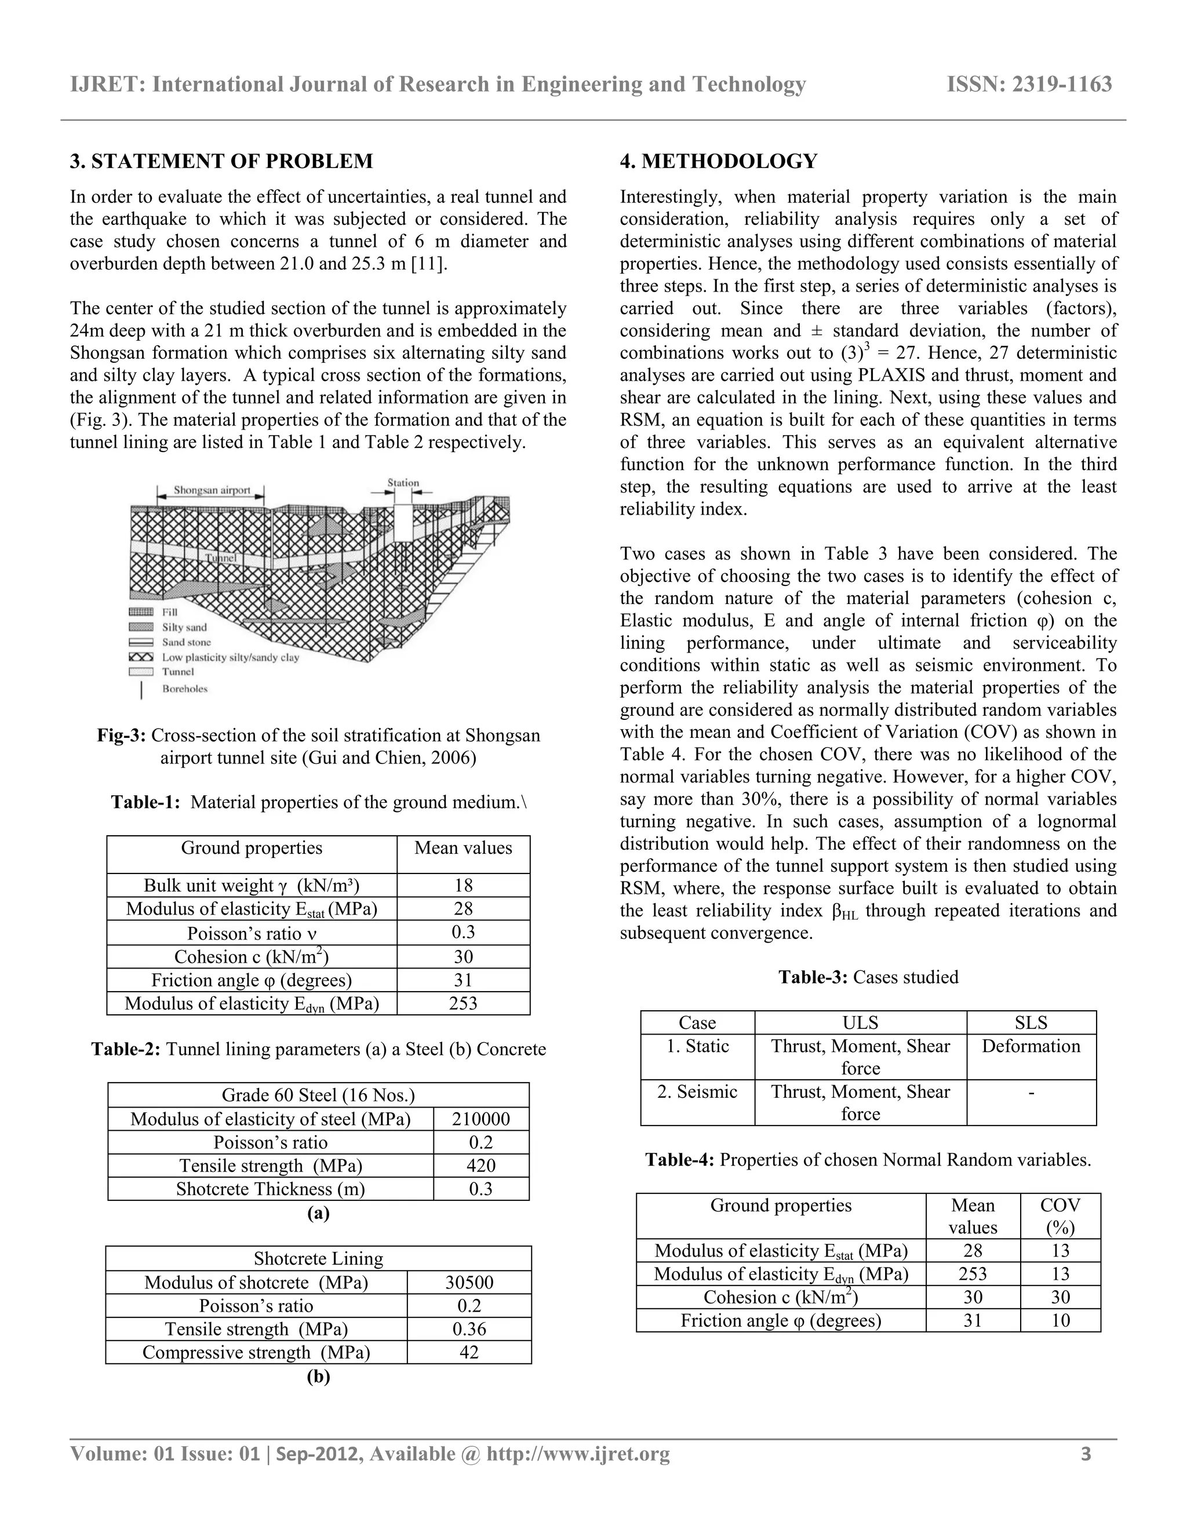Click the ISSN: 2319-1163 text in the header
tap(1029, 85)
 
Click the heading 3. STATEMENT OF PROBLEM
tap(221, 161)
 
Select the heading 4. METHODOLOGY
tap(718, 161)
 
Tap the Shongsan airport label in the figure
tap(212, 490)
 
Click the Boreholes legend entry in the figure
tap(185, 689)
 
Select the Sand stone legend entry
tap(187, 642)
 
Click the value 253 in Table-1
tap(463, 1003)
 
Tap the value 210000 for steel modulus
tap(481, 1119)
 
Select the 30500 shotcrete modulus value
tap(469, 1282)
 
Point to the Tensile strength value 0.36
tap(469, 1328)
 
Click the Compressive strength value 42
tap(469, 1352)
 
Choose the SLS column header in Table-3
tap(1031, 1022)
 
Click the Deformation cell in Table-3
tap(1031, 1046)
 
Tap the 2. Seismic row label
tap(697, 1091)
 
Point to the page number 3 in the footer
tap(1086, 1454)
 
